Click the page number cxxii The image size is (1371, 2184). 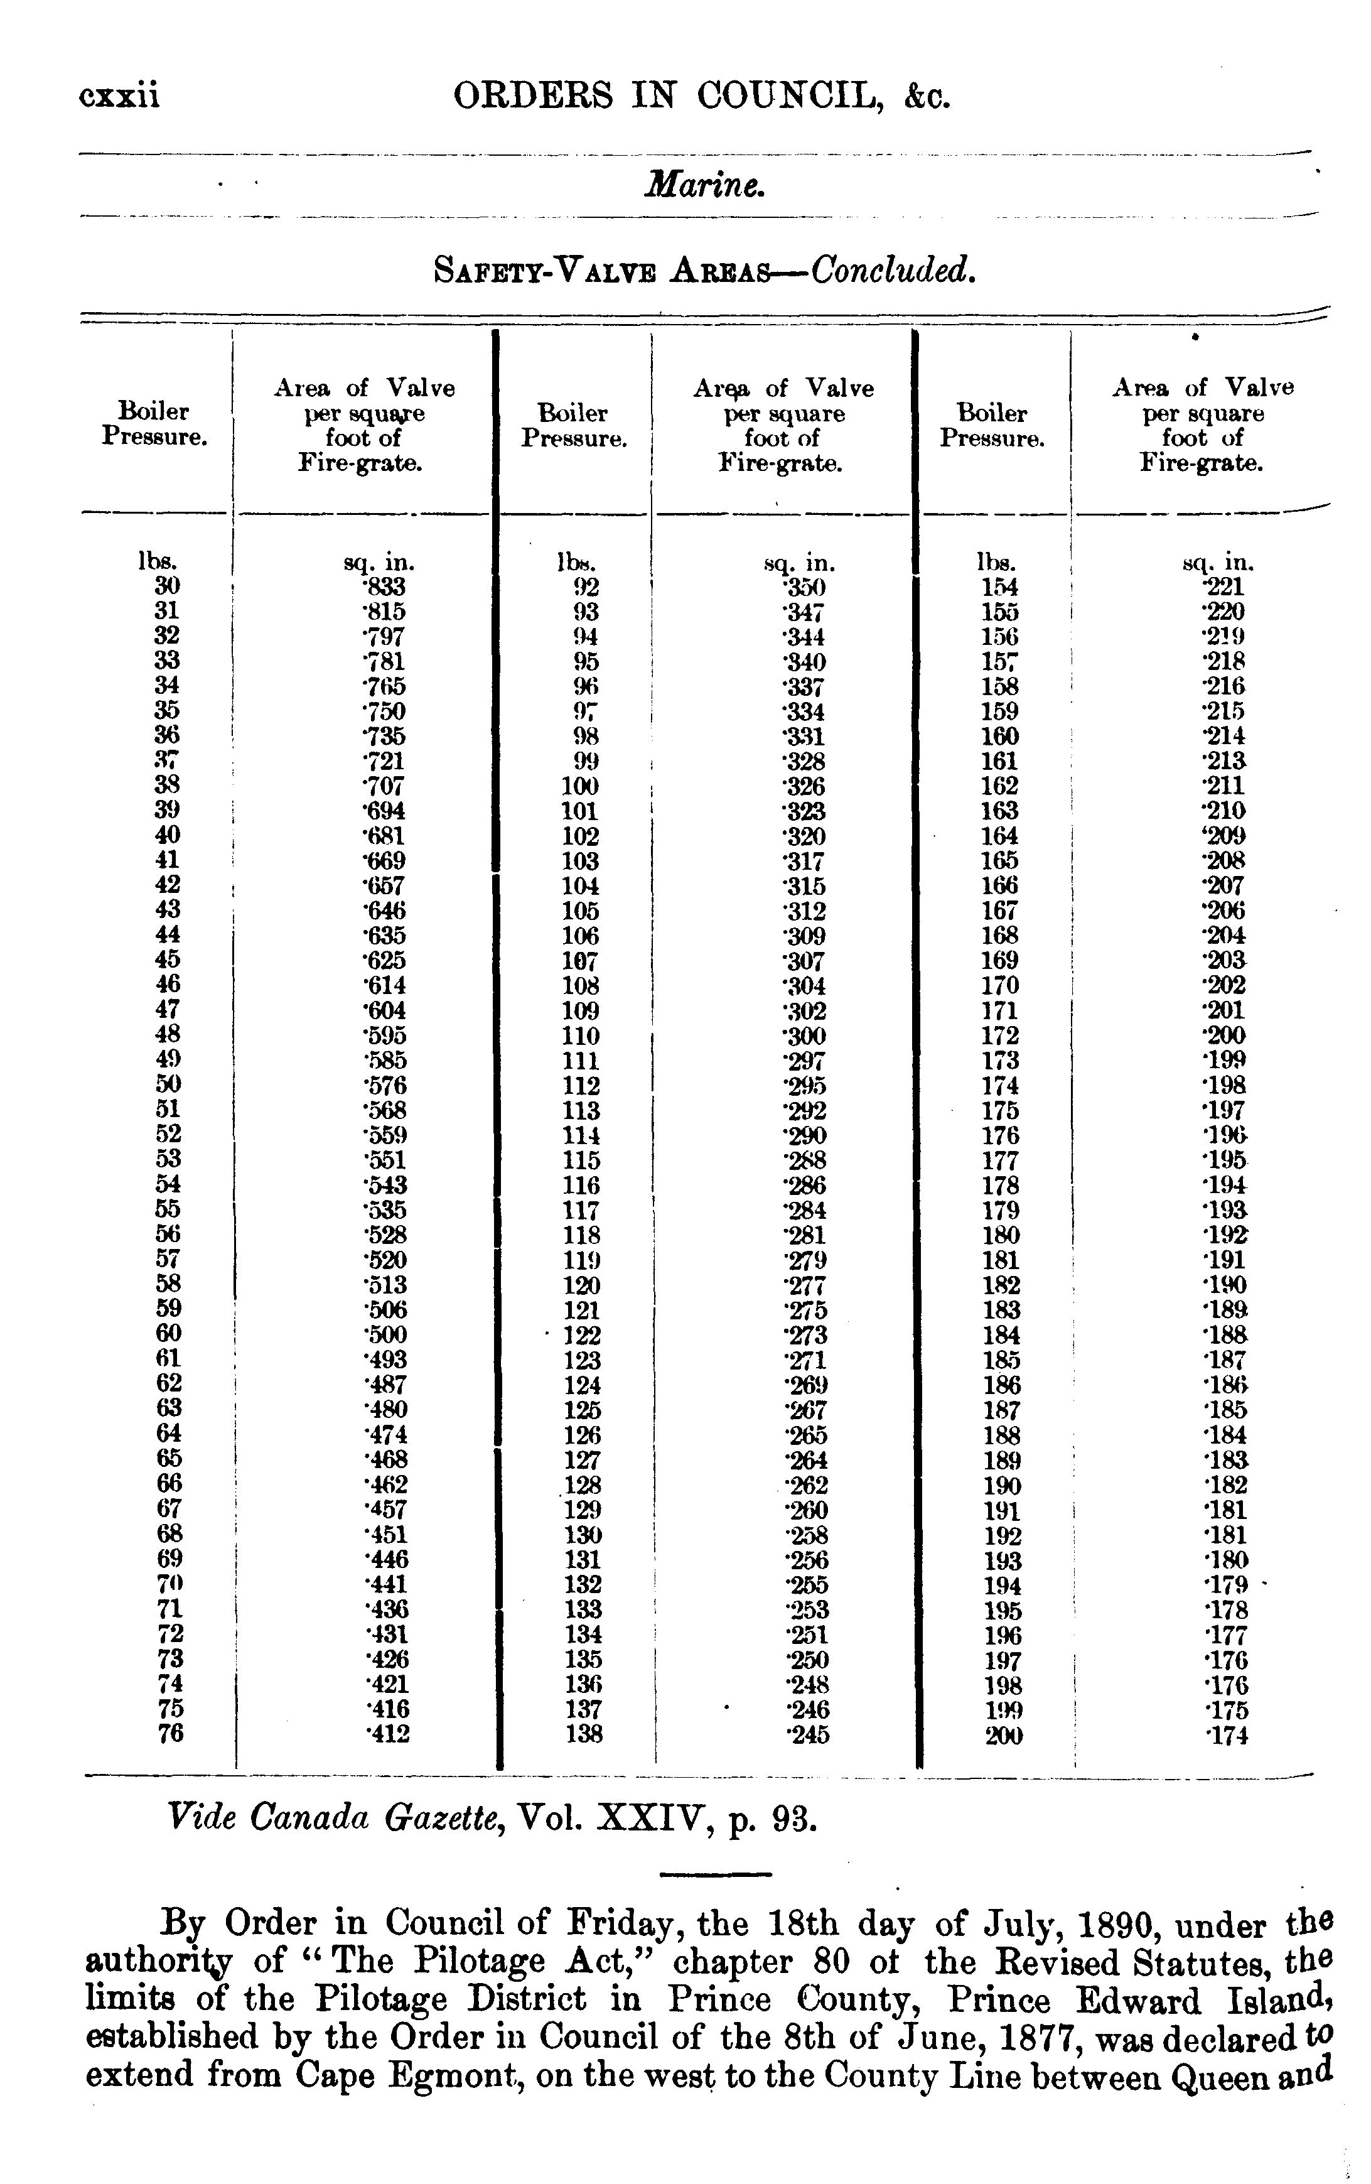tap(120, 95)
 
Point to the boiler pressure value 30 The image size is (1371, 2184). tap(168, 586)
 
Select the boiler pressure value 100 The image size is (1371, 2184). tap(579, 786)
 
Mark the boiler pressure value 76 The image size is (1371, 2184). tap(169, 1733)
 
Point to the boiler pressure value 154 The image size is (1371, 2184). tap(1000, 587)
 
